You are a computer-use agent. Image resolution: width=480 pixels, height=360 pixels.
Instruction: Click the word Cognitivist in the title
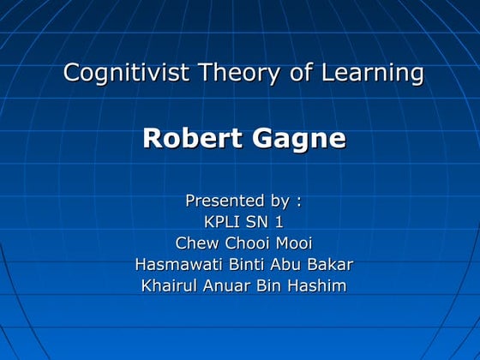coord(127,73)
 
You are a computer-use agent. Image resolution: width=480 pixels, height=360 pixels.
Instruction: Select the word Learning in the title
coord(373,73)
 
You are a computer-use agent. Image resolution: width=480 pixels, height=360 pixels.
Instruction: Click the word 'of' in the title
coord(302,73)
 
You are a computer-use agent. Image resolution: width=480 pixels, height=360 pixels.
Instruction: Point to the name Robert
coord(186,138)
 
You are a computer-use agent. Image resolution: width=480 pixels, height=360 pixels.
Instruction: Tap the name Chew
coord(196,243)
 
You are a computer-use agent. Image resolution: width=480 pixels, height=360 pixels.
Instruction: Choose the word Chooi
coord(249,243)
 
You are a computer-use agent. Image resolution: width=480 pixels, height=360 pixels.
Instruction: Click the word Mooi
coord(293,243)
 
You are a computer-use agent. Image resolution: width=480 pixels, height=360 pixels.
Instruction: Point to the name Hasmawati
coord(175,264)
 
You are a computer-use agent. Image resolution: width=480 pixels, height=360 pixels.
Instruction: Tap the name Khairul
coord(170,285)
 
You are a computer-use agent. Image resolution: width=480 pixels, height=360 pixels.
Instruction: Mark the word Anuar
coord(228,285)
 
